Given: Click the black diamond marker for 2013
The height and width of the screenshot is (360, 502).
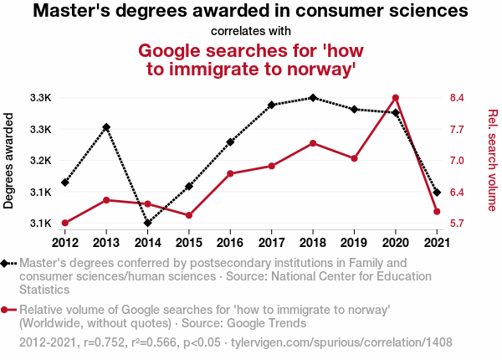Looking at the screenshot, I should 106,127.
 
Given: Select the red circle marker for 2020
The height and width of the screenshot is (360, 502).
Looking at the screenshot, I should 395,98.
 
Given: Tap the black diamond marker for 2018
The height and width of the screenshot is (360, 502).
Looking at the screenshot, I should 313,98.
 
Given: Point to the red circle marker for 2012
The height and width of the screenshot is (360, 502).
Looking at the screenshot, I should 65,223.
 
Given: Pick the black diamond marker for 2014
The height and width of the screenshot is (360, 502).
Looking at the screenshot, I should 147,223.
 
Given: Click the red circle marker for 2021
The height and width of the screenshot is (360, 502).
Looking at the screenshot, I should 437,212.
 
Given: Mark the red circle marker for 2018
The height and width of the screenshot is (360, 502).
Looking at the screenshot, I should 313,143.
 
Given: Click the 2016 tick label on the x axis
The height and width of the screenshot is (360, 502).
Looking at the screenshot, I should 230,243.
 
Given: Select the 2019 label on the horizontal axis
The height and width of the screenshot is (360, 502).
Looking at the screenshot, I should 354,243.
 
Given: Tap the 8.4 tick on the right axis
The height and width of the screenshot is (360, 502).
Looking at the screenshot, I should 457,98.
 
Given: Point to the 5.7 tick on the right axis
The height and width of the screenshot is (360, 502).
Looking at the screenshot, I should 457,224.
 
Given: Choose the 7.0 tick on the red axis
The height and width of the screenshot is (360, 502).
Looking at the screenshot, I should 457,161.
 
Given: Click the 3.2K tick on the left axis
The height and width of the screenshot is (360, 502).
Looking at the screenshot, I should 40,161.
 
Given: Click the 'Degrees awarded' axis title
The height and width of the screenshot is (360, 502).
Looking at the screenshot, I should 9,161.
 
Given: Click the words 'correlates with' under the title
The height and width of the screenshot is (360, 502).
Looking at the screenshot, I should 251,32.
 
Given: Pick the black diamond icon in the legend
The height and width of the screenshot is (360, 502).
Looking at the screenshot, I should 9,264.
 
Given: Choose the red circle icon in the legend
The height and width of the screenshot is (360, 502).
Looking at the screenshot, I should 9,311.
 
